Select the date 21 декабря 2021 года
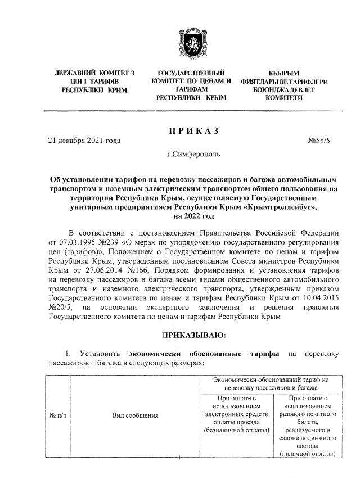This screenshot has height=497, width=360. (x=84, y=141)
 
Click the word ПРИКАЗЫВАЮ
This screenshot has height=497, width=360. (x=193, y=336)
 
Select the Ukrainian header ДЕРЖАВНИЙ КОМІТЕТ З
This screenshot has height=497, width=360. (x=94, y=74)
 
